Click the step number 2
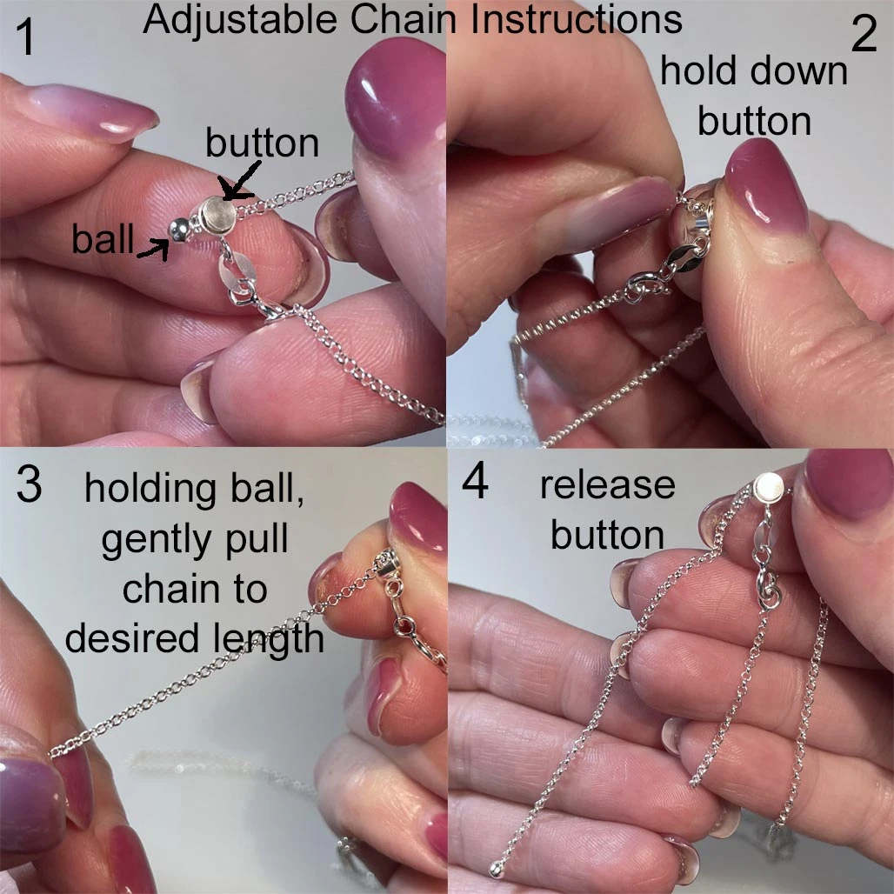864,34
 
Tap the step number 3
29,484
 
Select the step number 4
475,481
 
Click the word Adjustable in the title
240,21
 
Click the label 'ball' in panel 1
103,238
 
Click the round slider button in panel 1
217,215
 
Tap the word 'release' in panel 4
608,486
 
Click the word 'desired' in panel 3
126,637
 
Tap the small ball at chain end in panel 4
497,870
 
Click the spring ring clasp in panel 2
644,287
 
